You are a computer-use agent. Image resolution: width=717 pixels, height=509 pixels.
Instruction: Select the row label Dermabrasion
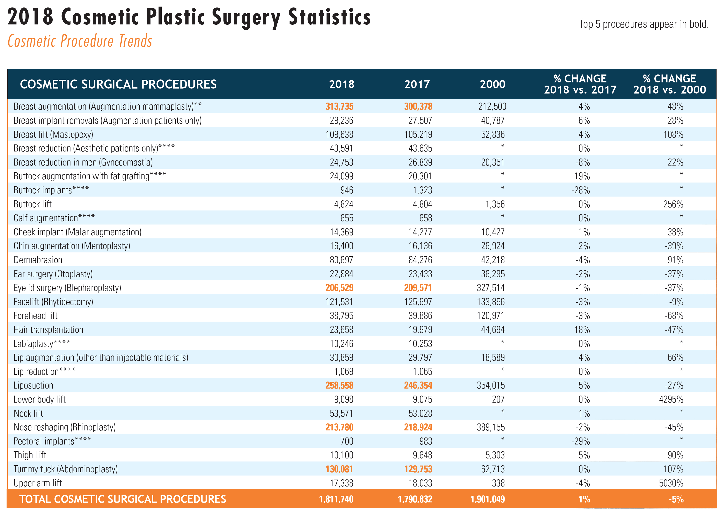[38, 260]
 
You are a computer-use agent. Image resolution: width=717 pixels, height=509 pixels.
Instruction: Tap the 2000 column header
[493, 84]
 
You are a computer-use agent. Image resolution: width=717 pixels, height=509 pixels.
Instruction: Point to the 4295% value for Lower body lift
[671, 399]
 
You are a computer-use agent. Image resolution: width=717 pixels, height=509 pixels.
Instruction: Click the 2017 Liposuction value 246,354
[418, 385]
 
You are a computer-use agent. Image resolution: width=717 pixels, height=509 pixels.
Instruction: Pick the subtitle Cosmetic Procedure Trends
[80, 41]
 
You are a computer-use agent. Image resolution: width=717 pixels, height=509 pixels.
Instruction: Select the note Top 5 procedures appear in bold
[644, 24]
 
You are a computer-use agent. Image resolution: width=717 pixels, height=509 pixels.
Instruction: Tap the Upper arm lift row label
[38, 483]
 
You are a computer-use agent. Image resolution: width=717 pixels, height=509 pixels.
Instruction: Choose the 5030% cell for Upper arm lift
[671, 483]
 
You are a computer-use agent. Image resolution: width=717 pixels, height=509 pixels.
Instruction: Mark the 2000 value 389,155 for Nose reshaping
[490, 427]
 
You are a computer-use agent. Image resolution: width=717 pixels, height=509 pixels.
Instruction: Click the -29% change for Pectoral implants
[581, 441]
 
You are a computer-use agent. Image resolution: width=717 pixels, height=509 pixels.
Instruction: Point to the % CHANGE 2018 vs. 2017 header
[580, 84]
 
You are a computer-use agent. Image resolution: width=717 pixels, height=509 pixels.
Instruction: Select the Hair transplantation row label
[49, 330]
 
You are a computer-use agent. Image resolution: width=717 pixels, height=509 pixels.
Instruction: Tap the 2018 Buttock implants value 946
[347, 190]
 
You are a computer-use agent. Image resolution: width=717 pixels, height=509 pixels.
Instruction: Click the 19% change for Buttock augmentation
[582, 176]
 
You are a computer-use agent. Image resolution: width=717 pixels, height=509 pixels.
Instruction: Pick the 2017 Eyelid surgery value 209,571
[418, 288]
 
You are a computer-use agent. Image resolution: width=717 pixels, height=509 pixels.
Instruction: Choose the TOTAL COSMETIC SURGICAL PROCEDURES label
[123, 499]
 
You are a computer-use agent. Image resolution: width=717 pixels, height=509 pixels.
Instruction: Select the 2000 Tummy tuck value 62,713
[493, 469]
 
